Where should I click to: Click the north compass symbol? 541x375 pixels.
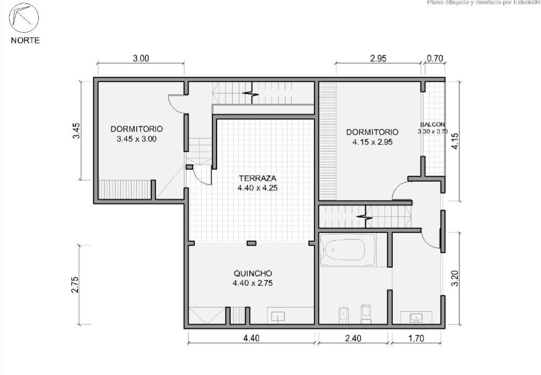[24, 18]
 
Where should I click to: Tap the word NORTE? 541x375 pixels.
[25, 40]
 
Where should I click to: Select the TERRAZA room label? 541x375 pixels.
[258, 178]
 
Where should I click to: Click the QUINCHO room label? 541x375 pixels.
[253, 273]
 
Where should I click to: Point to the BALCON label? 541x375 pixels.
[432, 124]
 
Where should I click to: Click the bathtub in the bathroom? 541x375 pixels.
[347, 250]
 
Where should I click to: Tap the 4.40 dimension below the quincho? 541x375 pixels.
[251, 338]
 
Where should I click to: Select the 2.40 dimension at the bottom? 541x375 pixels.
[353, 338]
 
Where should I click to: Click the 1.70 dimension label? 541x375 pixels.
[416, 338]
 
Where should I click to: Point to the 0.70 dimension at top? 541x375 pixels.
[435, 59]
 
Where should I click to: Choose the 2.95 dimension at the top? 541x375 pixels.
[378, 59]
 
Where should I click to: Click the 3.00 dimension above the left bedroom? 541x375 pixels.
[141, 59]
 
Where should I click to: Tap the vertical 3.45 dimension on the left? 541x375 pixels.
[77, 131]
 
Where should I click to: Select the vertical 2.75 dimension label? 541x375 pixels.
[75, 284]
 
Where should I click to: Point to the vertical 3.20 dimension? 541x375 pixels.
[455, 279]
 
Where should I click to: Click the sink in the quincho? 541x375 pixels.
[278, 316]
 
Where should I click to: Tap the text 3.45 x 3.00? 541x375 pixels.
[137, 139]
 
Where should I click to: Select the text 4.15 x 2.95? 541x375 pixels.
[373, 142]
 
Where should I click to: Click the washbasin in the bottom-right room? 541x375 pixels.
[416, 318]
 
